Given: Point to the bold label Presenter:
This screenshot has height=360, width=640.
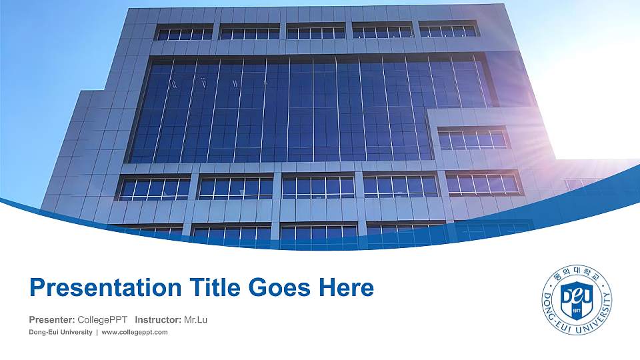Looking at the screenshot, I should tap(52, 320).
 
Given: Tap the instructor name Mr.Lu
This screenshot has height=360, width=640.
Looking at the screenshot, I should tap(195, 320).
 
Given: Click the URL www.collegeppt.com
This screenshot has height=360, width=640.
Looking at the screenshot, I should tap(135, 332).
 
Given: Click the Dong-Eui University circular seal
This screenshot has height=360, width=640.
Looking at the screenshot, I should tap(577, 301).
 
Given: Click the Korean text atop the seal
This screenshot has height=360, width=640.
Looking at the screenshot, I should tap(577, 273).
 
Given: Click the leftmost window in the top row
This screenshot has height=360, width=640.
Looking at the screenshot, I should tap(184, 33).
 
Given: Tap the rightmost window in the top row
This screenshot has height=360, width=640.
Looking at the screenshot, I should tap(448, 30).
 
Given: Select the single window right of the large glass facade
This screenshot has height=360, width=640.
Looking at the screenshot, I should tap(472, 139).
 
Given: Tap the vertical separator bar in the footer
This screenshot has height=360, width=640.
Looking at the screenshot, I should tap(97, 332).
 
